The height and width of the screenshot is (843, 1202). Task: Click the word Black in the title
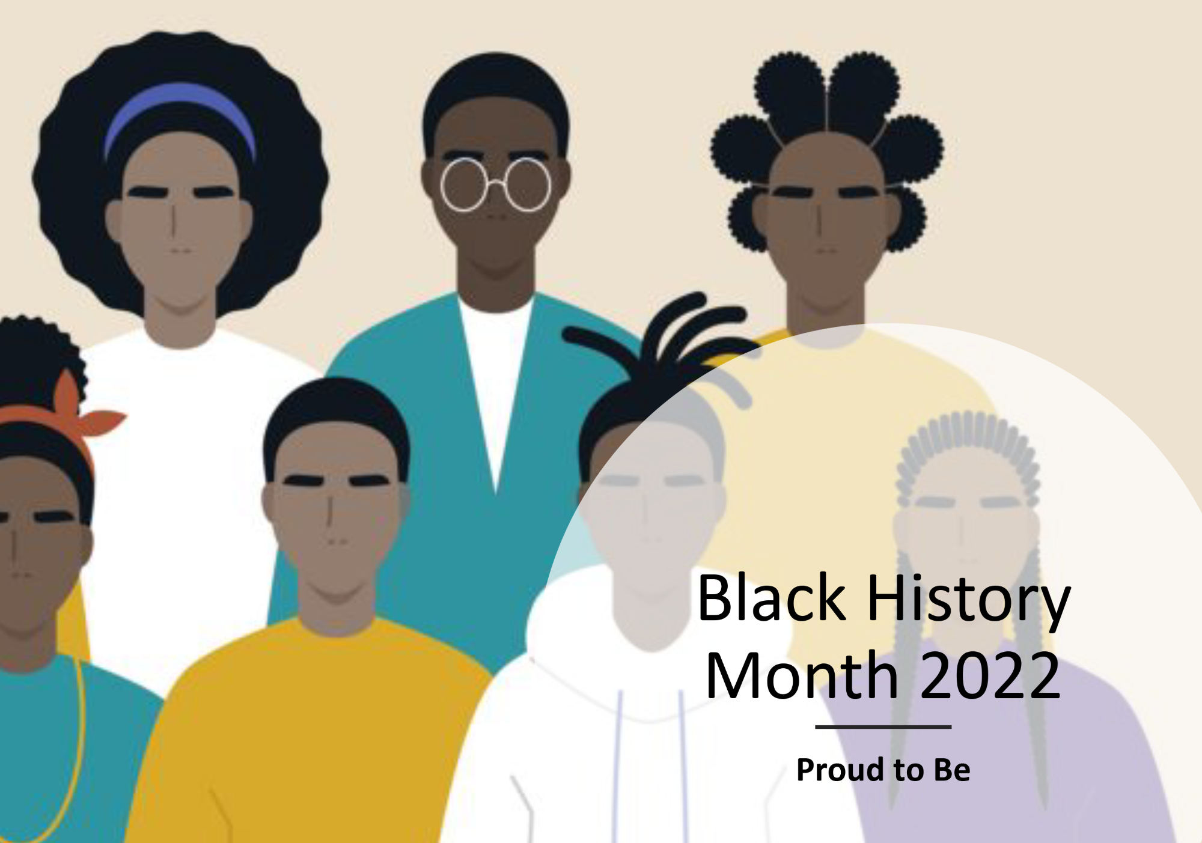772,598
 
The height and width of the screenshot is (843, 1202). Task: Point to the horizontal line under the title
883,726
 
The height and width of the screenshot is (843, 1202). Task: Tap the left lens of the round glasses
463,184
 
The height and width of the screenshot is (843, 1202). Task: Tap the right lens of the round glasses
528,184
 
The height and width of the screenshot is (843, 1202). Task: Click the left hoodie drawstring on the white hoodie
618,766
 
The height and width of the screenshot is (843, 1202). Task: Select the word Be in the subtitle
952,770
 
